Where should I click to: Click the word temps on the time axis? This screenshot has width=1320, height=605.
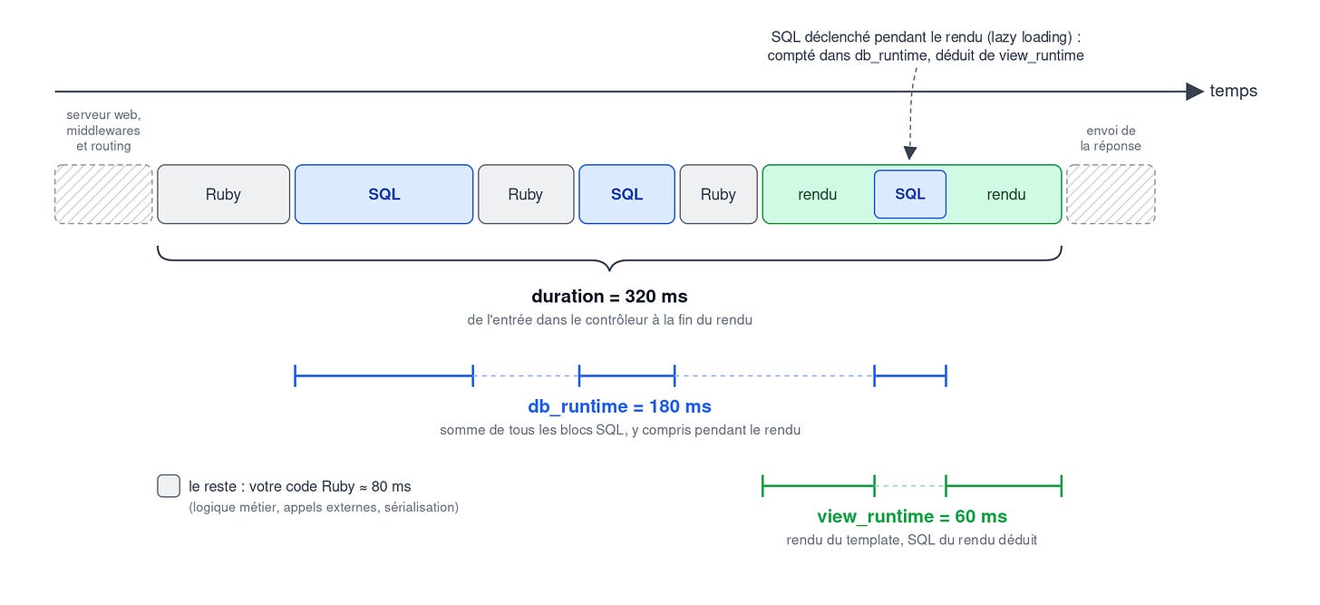click(1233, 91)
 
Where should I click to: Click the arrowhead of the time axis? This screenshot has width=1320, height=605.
click(1195, 92)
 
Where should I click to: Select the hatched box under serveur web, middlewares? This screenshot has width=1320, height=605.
click(103, 194)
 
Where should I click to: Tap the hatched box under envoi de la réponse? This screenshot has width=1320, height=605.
click(1111, 194)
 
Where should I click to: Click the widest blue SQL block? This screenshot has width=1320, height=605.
click(384, 194)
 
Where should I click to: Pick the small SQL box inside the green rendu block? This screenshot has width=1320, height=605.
click(910, 194)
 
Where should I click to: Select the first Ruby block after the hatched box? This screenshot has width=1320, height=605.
click(223, 194)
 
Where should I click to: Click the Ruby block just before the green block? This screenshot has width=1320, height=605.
click(718, 194)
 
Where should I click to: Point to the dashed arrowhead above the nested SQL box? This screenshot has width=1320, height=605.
click(910, 153)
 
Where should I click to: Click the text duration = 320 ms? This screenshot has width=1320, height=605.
click(609, 296)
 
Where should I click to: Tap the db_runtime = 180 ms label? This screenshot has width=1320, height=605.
click(619, 406)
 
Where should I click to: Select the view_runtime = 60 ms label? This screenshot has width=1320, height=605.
click(912, 516)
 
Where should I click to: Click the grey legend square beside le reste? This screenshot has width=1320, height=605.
click(169, 486)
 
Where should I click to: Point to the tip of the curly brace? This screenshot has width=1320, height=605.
click(609, 270)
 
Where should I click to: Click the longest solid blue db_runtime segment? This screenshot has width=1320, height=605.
click(384, 376)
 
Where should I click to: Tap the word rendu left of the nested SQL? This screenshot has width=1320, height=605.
click(818, 195)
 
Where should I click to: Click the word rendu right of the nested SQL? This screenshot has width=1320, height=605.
click(1006, 195)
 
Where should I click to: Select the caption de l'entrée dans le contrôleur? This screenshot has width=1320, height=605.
click(609, 319)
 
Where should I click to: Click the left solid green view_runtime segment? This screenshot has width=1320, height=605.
click(819, 486)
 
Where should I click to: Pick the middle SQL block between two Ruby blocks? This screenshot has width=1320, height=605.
click(627, 194)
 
